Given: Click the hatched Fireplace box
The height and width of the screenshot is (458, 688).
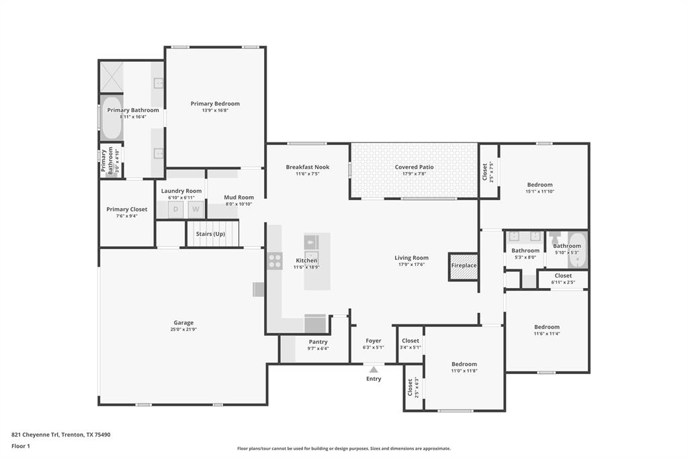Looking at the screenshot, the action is (x=463, y=266).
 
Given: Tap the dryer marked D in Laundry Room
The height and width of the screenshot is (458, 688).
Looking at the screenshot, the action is (x=176, y=210).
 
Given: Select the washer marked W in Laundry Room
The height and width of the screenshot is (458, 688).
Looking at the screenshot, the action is (x=196, y=210).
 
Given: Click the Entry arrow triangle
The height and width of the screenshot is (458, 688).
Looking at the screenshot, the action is (x=374, y=369).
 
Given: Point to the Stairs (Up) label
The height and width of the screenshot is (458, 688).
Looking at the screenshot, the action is (x=210, y=234).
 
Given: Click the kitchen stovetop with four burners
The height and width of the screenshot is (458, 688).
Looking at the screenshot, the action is (x=275, y=261).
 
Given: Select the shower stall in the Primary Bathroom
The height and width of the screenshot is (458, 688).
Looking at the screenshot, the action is (x=112, y=77).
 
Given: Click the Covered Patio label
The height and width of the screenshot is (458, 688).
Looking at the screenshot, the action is (x=414, y=167).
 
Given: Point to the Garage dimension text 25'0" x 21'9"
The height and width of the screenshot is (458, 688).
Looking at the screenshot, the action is (x=183, y=330).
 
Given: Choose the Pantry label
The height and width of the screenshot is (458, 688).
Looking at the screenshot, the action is (x=318, y=342).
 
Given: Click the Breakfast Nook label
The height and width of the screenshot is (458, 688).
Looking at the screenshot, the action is (x=308, y=167).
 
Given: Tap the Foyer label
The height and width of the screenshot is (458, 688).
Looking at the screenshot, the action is (x=374, y=340).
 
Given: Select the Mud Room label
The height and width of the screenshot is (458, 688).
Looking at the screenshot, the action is (x=239, y=197).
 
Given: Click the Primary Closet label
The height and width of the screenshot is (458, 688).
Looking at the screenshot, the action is (x=127, y=210).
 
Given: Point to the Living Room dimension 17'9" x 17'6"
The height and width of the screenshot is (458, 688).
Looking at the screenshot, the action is (x=411, y=265).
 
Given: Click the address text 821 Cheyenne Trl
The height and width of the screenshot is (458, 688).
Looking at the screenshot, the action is (x=35, y=434).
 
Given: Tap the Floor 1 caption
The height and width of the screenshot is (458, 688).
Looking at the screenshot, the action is (x=21, y=446).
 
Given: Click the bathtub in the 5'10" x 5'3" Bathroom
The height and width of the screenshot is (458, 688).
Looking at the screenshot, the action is (x=577, y=250).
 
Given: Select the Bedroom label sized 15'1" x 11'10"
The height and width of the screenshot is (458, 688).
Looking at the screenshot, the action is (x=540, y=185).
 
